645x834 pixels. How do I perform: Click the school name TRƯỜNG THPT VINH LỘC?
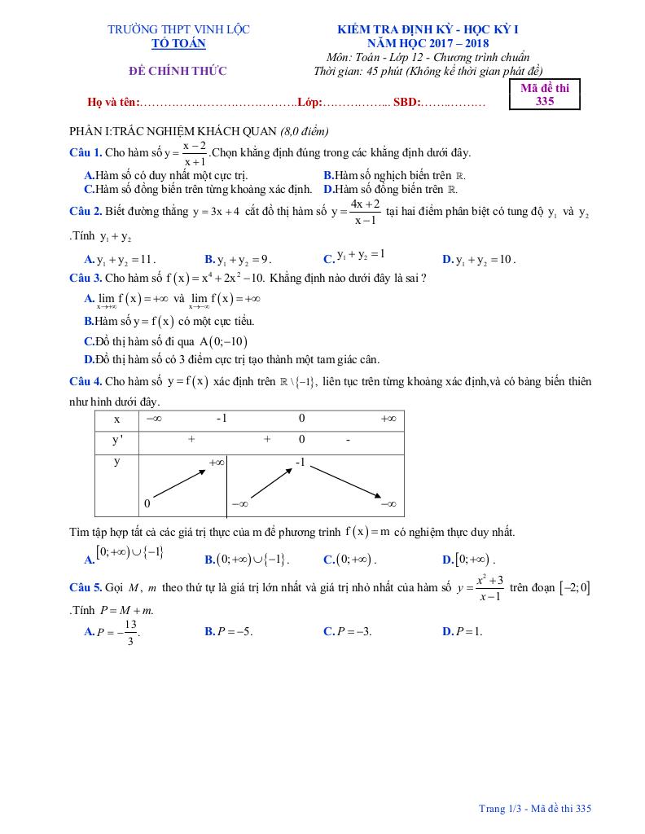(x=178, y=29)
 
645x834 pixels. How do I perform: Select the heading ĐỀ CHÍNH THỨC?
(x=178, y=71)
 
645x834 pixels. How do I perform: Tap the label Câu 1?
(x=86, y=152)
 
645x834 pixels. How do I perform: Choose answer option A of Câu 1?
(x=166, y=175)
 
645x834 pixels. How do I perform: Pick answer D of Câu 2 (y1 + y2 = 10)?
(x=478, y=260)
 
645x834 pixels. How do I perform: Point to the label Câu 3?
(x=86, y=278)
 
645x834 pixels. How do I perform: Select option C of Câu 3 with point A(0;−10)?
(x=166, y=342)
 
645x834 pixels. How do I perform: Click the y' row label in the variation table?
(x=116, y=440)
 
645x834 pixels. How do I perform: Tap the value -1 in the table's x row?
(x=222, y=418)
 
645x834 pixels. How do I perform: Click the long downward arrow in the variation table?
(x=343, y=484)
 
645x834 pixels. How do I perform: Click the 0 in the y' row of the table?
(x=301, y=440)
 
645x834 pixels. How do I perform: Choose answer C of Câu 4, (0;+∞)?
(x=349, y=560)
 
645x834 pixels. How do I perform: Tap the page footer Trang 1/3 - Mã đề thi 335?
(x=534, y=809)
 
